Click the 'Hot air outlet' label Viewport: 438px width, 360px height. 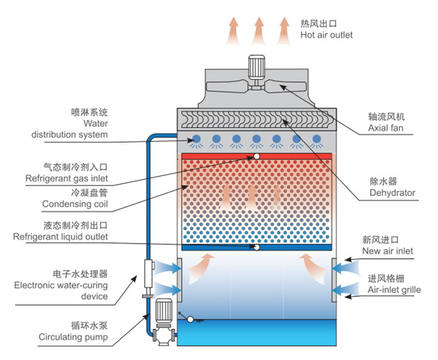[x=326, y=35]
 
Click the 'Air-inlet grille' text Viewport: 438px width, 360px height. [x=394, y=290]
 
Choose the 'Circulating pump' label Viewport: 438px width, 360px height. [x=72, y=338]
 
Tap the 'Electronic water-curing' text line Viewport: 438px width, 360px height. [x=61, y=286]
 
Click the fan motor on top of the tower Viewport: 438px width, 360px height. [x=255, y=66]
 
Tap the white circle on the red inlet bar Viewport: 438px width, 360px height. [x=257, y=156]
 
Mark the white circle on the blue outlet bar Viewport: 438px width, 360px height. [x=257, y=248]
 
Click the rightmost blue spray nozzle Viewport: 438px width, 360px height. [x=317, y=139]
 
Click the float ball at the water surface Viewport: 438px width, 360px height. [x=191, y=320]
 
